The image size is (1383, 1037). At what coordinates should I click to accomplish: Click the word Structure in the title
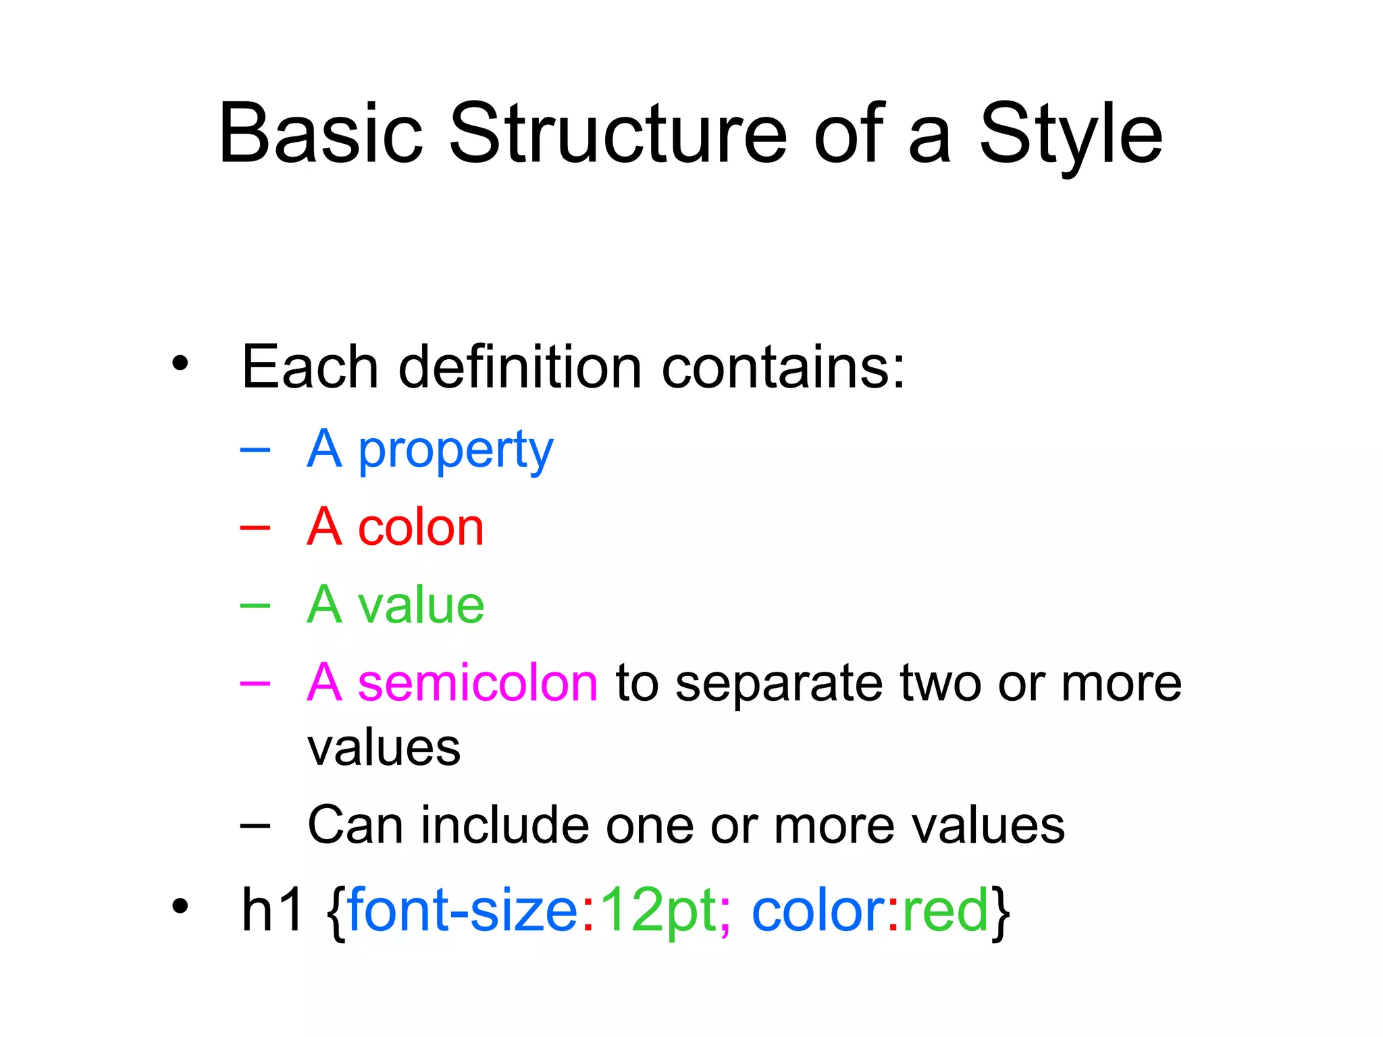[617, 133]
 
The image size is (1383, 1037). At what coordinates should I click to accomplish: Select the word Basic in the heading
[321, 133]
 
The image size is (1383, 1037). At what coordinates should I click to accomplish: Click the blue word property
[455, 450]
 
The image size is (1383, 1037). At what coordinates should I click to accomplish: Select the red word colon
[421, 527]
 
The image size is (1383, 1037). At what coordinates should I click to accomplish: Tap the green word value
[421, 605]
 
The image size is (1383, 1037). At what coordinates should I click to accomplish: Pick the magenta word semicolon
[477, 683]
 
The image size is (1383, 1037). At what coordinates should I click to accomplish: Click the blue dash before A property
[255, 449]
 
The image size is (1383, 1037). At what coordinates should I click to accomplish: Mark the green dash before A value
[255, 605]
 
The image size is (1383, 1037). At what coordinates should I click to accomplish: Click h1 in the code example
[272, 909]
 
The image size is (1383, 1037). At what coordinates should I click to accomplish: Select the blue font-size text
[463, 909]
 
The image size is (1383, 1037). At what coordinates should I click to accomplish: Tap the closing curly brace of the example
[1001, 911]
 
